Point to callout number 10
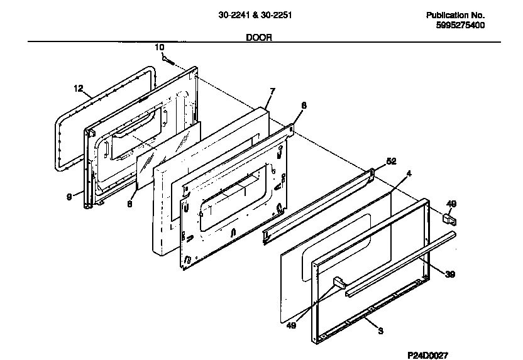point(159,47)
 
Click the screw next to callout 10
point(168,60)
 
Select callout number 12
point(78,89)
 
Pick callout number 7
point(272,92)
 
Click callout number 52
point(391,161)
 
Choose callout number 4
point(409,173)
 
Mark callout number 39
point(450,274)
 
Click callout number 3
point(380,330)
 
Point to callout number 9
point(69,197)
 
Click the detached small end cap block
point(449,219)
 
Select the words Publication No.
point(456,15)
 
